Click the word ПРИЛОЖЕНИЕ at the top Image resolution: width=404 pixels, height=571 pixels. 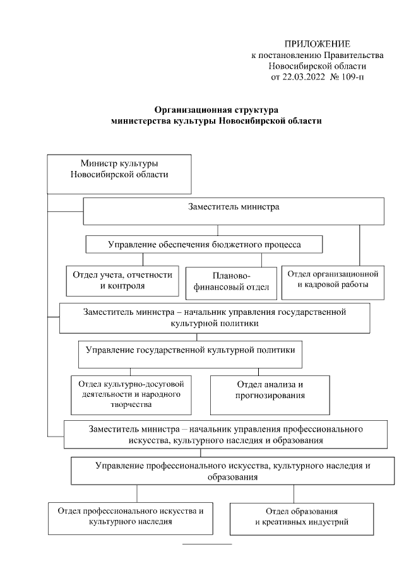(317, 44)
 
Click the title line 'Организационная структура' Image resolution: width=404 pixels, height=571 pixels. (217, 110)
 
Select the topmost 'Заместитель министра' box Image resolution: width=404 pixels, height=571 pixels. (234, 211)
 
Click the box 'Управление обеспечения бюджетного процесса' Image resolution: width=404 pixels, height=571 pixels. (204, 244)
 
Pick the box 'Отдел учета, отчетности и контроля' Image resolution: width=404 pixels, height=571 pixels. (122, 280)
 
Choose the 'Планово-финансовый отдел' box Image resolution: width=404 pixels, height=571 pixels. (232, 282)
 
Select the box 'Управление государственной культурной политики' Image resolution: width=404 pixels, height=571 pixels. (190, 354)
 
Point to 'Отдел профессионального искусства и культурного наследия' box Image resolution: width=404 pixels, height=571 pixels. (131, 517)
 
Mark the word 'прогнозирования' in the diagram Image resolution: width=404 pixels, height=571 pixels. (270, 396)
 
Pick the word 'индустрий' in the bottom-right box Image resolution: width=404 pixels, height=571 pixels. (329, 522)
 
